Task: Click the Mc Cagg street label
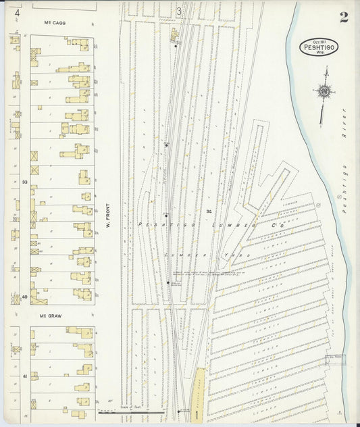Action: point(53,23)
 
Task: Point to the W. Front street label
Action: point(107,216)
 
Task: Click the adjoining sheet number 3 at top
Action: point(178,11)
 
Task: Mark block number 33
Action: point(25,182)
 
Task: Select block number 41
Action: point(25,375)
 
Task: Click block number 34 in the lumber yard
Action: point(210,212)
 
